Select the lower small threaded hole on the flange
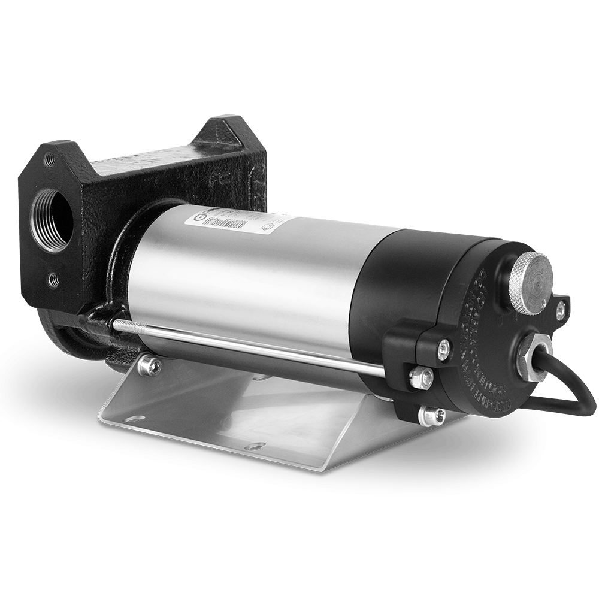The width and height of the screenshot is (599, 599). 55,277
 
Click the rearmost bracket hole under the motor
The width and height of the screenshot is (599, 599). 261,379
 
